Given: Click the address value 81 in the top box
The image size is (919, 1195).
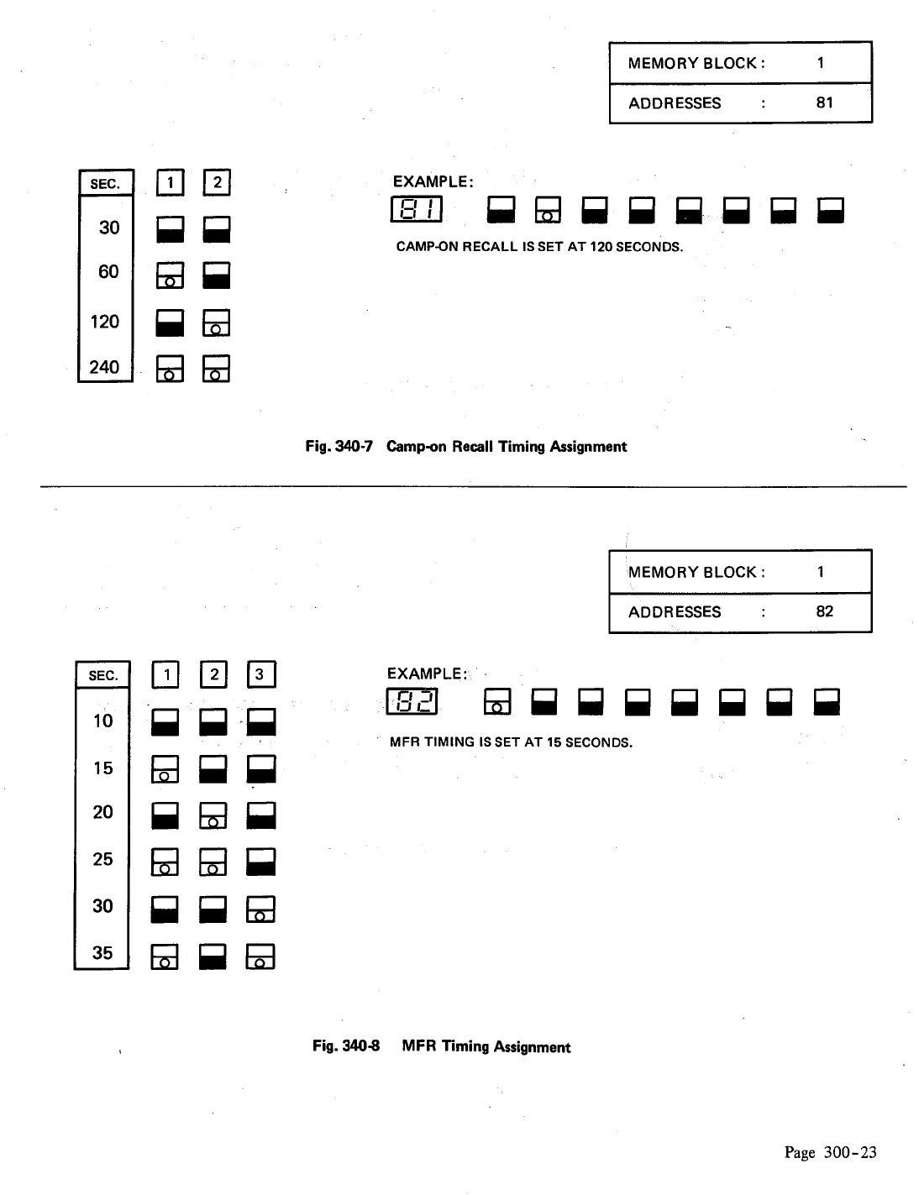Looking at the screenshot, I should (x=824, y=102).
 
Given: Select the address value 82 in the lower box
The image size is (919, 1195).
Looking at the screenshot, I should (x=824, y=611).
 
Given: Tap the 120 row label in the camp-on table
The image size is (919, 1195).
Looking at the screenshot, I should (x=105, y=322).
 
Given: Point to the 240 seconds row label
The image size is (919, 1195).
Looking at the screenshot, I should (x=105, y=367).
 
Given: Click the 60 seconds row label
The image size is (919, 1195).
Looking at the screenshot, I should (x=108, y=272).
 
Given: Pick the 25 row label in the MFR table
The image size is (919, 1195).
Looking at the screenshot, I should (x=102, y=859).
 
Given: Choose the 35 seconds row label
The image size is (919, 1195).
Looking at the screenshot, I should (x=102, y=952).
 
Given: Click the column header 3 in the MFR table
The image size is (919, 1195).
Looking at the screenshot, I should (x=260, y=674).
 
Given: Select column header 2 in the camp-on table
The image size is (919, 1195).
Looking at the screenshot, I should (x=217, y=181).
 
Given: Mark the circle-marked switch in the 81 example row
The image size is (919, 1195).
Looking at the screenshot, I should (x=548, y=211).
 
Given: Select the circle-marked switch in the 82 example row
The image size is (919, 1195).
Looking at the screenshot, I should (x=497, y=702).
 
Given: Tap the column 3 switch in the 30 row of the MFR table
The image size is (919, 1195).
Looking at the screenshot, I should (x=260, y=909).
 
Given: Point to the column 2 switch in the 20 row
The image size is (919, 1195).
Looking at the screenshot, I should (x=213, y=815).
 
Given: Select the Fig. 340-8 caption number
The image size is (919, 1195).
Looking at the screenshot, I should (x=345, y=1046).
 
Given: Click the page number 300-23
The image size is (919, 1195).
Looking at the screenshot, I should (x=849, y=1152).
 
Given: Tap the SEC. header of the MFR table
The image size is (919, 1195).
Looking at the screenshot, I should (x=103, y=676).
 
